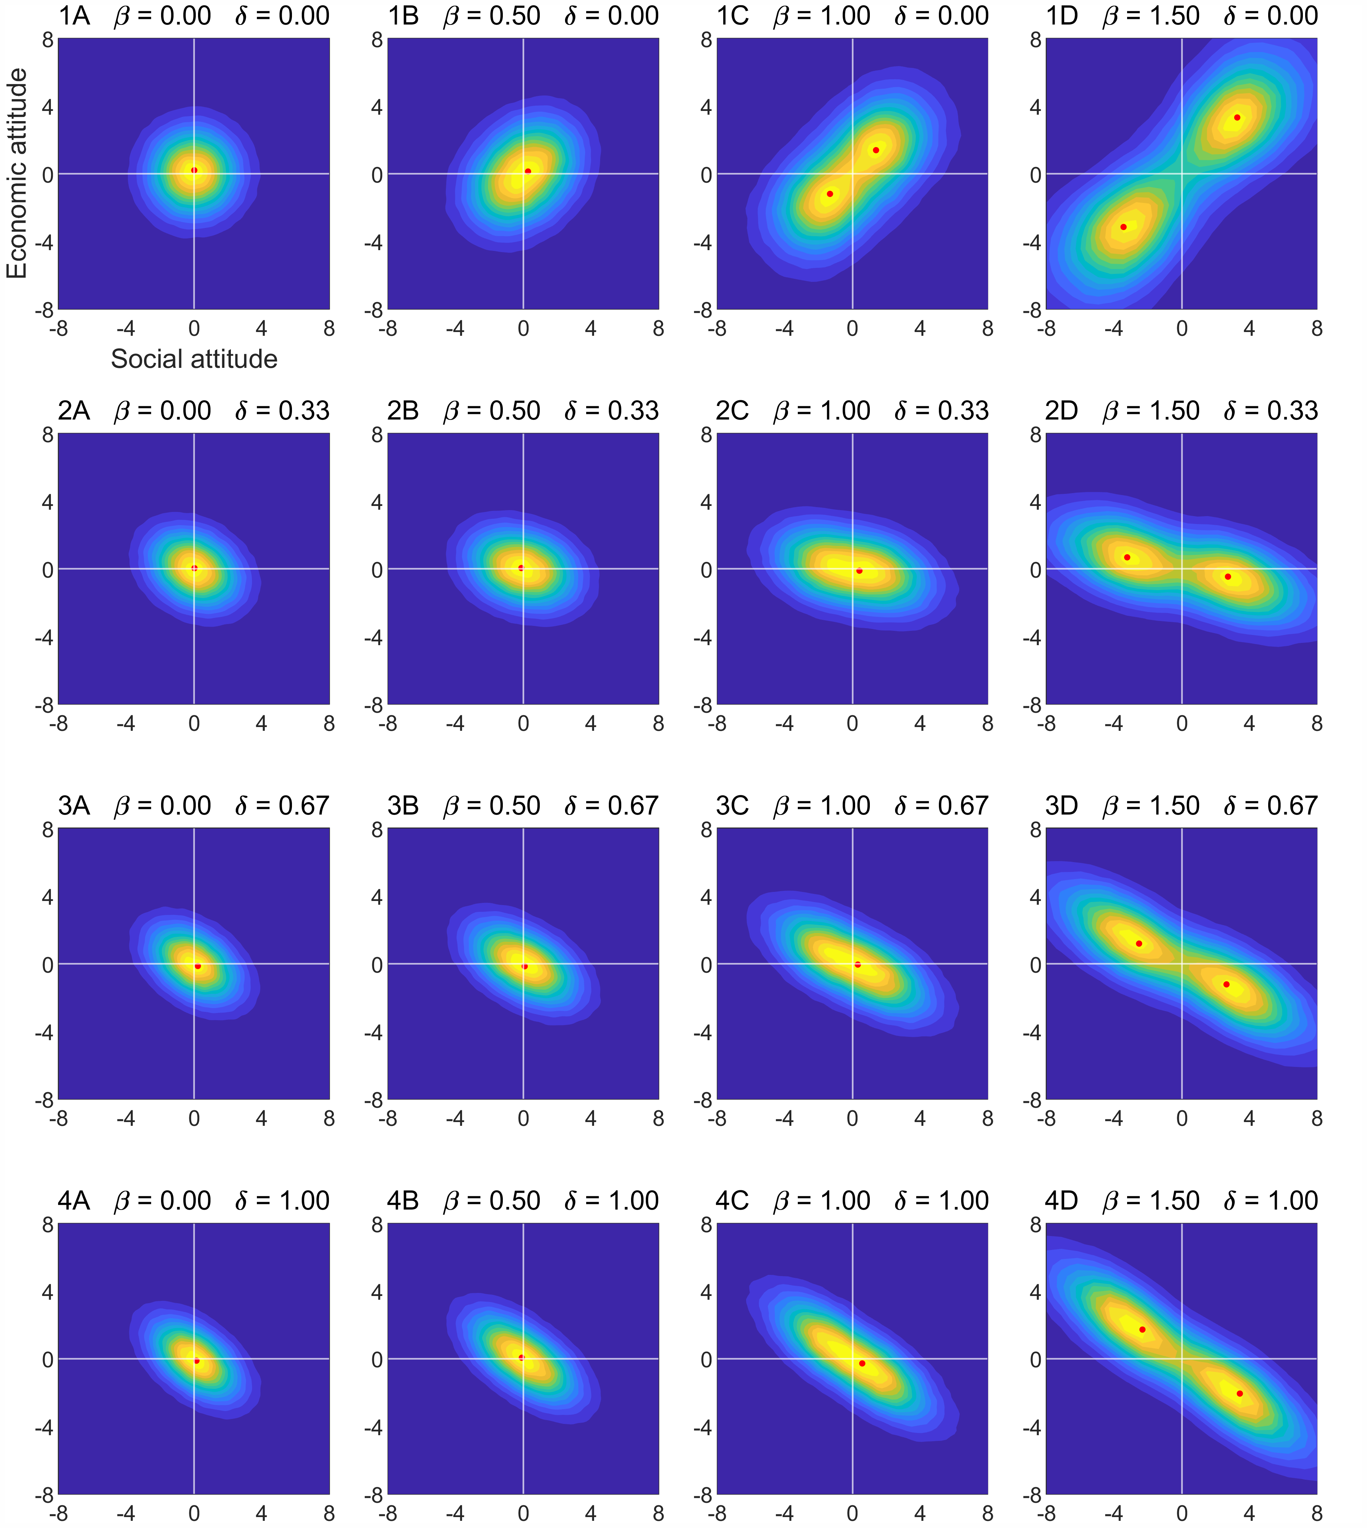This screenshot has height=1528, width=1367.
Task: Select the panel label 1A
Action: pos(74,16)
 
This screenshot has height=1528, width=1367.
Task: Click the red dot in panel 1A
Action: pos(195,171)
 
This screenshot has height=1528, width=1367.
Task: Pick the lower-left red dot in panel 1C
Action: pos(830,194)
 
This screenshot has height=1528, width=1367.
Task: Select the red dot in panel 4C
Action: pos(862,1364)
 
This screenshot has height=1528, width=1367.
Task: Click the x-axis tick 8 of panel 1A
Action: pos(329,328)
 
